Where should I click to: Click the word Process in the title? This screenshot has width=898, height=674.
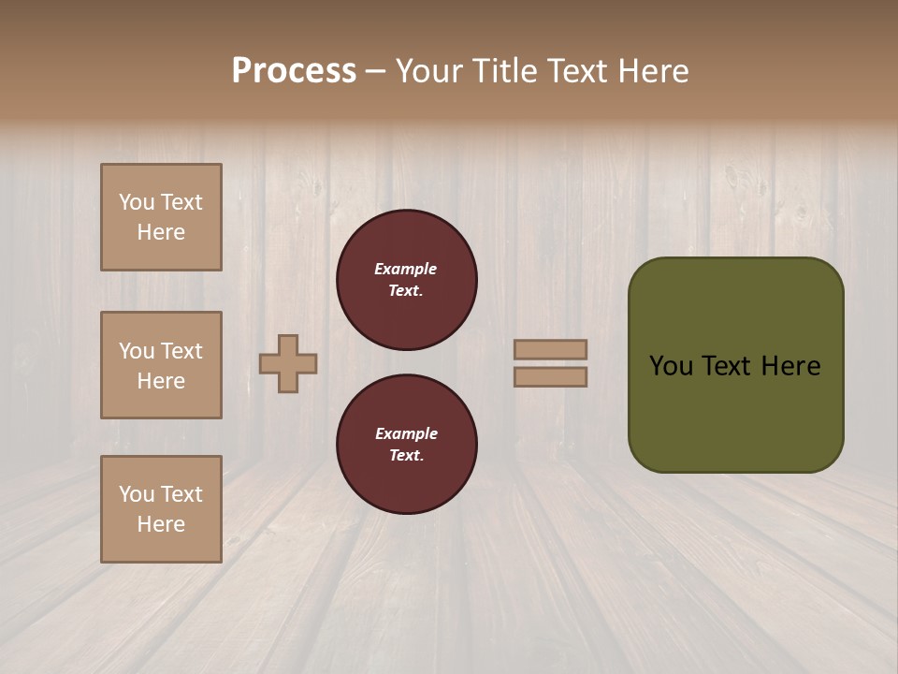(294, 71)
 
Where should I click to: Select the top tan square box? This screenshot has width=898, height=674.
(161, 217)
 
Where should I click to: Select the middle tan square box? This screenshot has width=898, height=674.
(161, 365)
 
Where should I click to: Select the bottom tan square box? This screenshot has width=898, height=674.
(161, 509)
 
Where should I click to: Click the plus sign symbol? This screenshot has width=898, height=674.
(288, 363)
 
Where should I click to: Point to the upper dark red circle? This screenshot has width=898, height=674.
(406, 280)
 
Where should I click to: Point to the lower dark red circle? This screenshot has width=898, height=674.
(406, 445)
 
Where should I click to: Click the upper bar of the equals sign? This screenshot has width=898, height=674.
(550, 349)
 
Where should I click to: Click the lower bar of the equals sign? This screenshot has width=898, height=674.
(550, 377)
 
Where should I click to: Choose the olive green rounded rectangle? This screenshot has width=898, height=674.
(735, 412)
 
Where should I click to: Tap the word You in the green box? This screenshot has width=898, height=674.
(671, 366)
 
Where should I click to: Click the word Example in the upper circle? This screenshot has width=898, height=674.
(406, 269)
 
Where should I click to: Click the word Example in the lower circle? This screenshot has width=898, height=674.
(406, 433)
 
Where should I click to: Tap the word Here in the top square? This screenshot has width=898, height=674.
(161, 232)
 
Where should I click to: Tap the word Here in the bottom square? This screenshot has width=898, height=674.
(161, 524)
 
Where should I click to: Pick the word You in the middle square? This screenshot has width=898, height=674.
(136, 351)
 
